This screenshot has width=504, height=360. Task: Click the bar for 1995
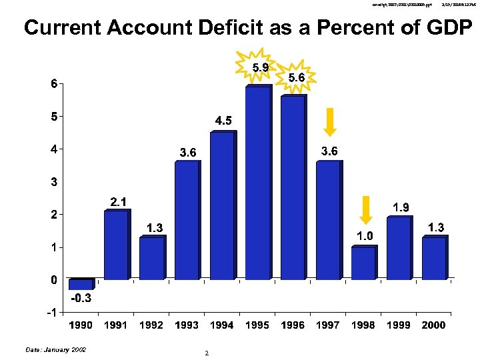(257, 183)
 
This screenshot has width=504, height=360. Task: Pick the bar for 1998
(363, 263)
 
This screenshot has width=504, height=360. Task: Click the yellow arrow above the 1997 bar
(329, 122)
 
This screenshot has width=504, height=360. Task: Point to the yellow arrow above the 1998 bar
(365, 209)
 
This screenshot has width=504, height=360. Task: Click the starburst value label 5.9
(261, 67)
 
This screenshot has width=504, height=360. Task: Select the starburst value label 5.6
(296, 77)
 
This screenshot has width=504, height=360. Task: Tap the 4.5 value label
(223, 121)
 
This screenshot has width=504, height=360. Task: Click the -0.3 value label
(81, 299)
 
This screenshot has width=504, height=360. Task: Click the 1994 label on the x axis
(222, 325)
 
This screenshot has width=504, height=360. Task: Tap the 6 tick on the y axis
(53, 84)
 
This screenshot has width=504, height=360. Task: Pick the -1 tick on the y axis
(51, 313)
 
